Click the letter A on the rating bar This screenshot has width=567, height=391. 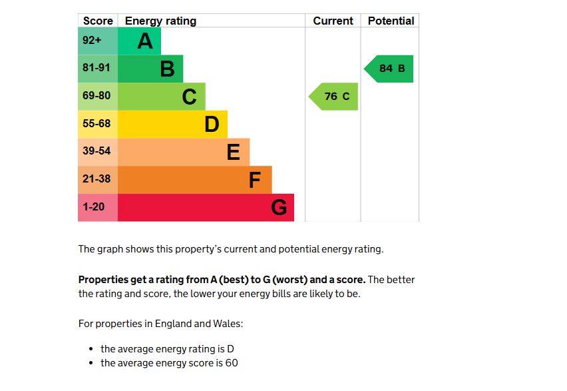pos(145,41)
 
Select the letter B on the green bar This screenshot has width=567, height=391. pos(167,69)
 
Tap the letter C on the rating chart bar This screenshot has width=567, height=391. pos(189,97)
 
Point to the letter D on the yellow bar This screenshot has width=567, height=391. pos(212,124)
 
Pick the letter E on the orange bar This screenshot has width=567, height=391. pos(233,152)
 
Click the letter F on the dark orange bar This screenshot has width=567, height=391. pos(254,180)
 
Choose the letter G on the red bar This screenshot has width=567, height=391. pos(279,208)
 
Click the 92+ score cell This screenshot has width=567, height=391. pos(92,40)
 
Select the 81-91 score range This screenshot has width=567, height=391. pos(96,68)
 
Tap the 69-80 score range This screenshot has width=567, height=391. pos(96,96)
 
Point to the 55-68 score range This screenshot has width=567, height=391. pos(96,124)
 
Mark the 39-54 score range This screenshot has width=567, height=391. pos(96,151)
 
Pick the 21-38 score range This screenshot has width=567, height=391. pos(96,179)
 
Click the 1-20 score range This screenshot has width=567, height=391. pos(93,207)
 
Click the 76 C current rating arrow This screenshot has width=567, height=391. pos(335,97)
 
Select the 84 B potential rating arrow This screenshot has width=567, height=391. pos(390,69)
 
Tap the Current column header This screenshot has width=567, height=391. pos(333,21)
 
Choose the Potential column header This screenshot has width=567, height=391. pos(391,21)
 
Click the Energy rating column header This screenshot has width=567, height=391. pos(160,21)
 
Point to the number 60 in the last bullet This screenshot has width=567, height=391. pos(231,363)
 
